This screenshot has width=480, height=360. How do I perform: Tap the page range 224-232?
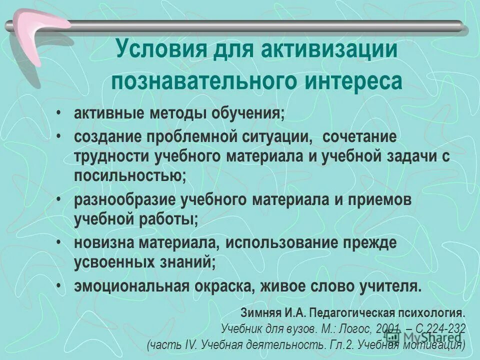point(442,328)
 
